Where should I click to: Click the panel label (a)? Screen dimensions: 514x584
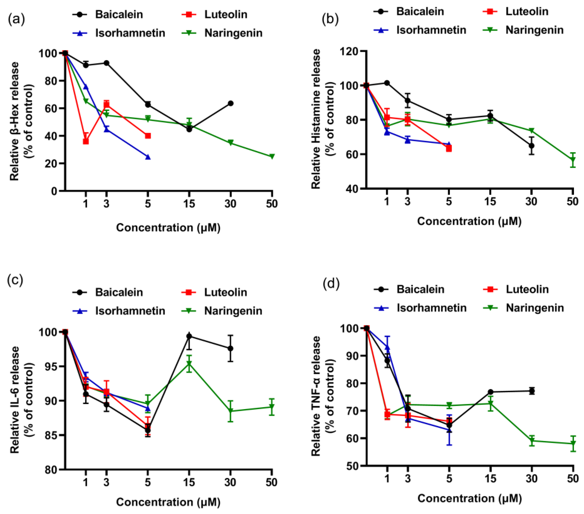(x=16, y=19)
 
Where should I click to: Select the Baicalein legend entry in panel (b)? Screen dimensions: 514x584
(x=409, y=12)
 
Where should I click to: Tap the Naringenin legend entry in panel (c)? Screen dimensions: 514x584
(x=222, y=311)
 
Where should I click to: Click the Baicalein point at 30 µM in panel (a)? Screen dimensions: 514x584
(x=231, y=103)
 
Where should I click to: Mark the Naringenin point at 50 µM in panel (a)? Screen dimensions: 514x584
(x=272, y=156)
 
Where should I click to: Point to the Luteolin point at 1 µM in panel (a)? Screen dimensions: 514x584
(x=86, y=141)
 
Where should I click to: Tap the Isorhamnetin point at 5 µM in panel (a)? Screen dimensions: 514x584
(x=148, y=157)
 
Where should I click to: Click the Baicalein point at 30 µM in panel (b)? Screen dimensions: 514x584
(x=531, y=146)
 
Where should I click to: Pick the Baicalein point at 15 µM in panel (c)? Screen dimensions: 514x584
(x=189, y=336)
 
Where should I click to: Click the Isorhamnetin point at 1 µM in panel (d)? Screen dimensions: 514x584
(x=387, y=347)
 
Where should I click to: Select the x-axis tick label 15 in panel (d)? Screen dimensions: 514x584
(x=490, y=479)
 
